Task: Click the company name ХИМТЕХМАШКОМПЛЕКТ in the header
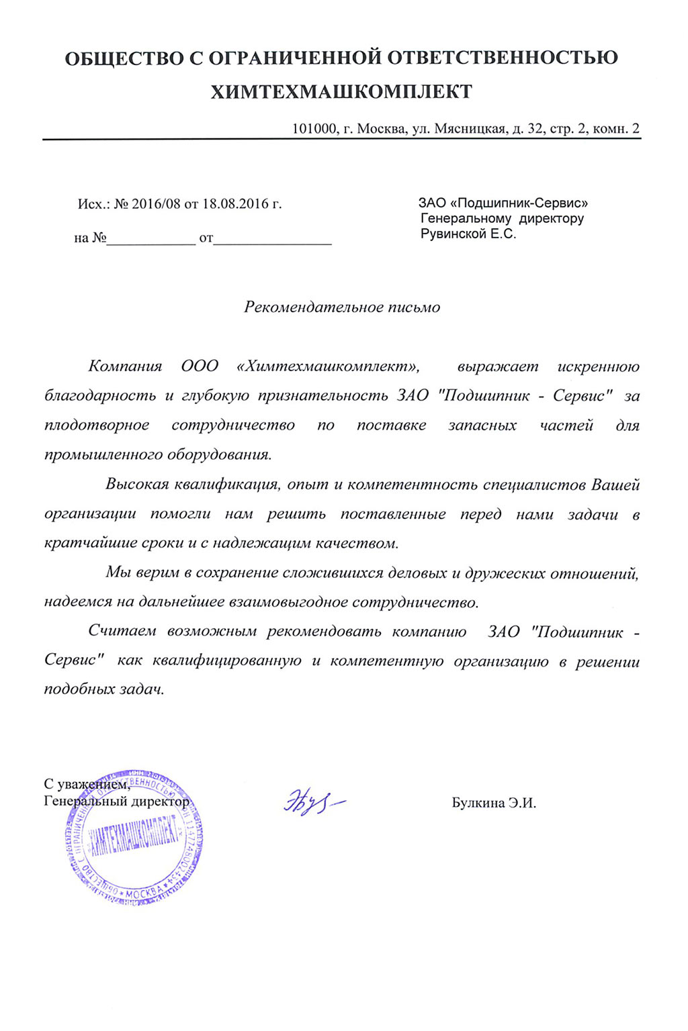click(x=341, y=92)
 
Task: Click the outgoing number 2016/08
click(x=156, y=204)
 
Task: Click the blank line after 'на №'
click(x=150, y=239)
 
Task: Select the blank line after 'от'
click(x=272, y=239)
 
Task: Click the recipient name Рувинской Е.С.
click(x=468, y=234)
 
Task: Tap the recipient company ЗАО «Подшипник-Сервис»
click(x=503, y=203)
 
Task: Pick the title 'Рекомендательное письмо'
click(x=342, y=307)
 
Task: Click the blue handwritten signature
click(x=313, y=801)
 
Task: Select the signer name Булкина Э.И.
click(x=494, y=803)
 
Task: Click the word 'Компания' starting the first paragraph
click(x=125, y=366)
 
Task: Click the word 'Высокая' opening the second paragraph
click(x=137, y=485)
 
